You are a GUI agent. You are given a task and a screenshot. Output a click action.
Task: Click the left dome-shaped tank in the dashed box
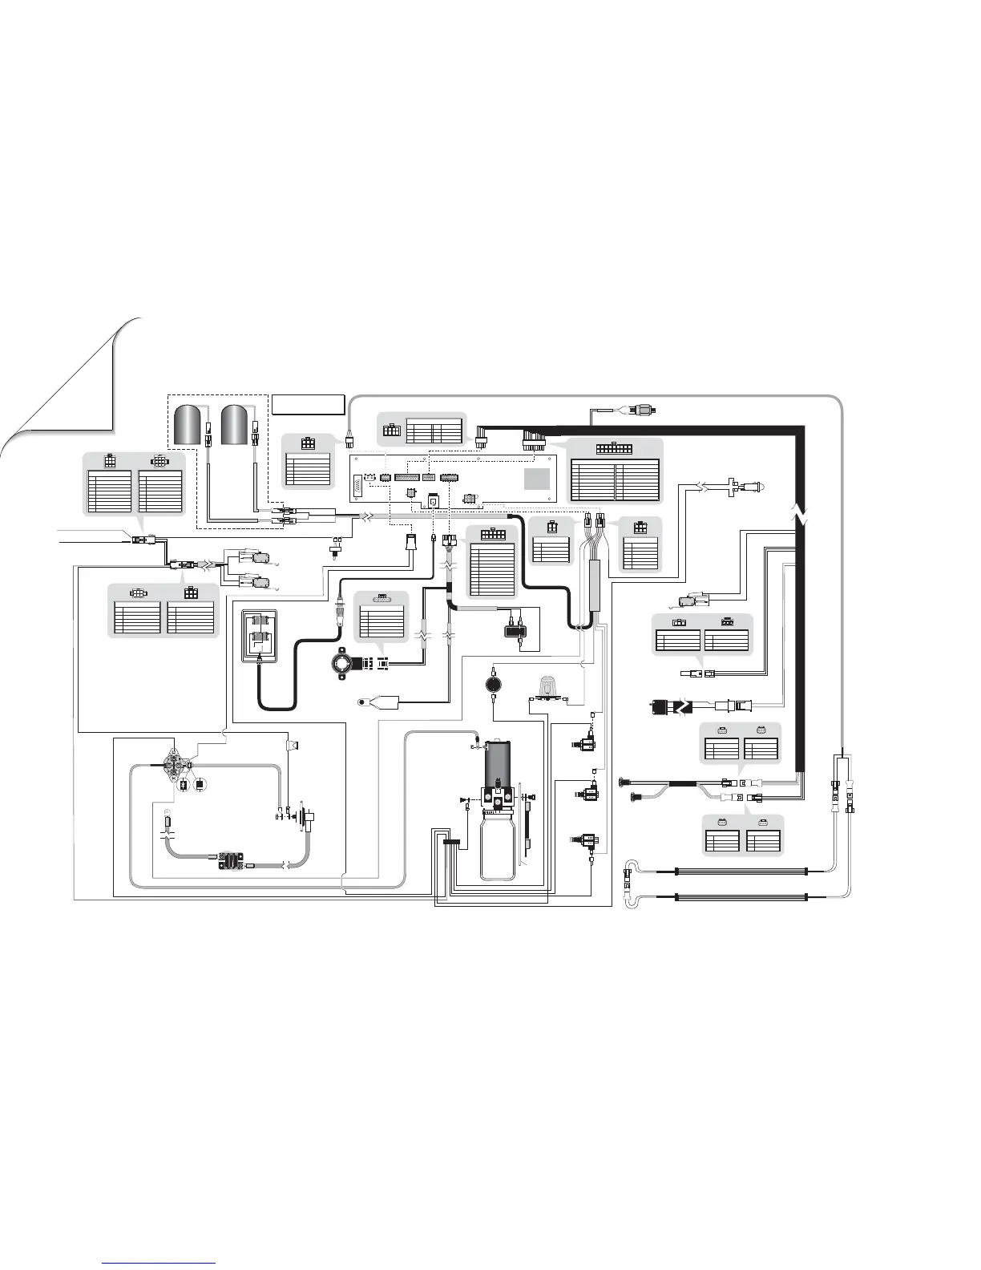pyautogui.click(x=189, y=424)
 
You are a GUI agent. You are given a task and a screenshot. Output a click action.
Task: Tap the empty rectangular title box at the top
pyautogui.click(x=308, y=404)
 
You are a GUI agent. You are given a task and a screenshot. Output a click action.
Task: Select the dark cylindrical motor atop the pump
pyautogui.click(x=499, y=762)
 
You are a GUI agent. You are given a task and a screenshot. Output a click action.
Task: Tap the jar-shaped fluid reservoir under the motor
pyautogui.click(x=498, y=842)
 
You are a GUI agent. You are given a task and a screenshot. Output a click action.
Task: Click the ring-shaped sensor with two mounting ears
pyautogui.click(x=346, y=664)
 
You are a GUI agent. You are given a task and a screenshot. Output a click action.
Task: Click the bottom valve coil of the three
pyautogui.click(x=588, y=841)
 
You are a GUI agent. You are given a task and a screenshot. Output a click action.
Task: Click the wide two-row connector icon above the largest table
pyautogui.click(x=615, y=449)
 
